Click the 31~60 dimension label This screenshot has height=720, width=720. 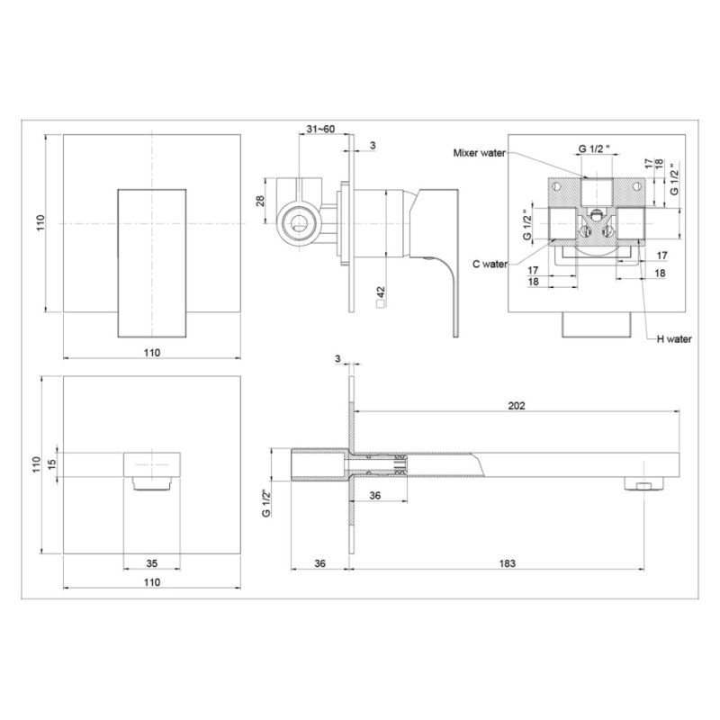click(x=320, y=130)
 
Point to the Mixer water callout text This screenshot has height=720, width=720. click(x=480, y=153)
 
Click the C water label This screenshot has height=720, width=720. click(x=490, y=264)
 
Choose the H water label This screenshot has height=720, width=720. click(x=673, y=339)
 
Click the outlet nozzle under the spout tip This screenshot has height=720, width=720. click(x=638, y=486)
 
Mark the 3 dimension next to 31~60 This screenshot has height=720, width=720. click(x=372, y=145)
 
